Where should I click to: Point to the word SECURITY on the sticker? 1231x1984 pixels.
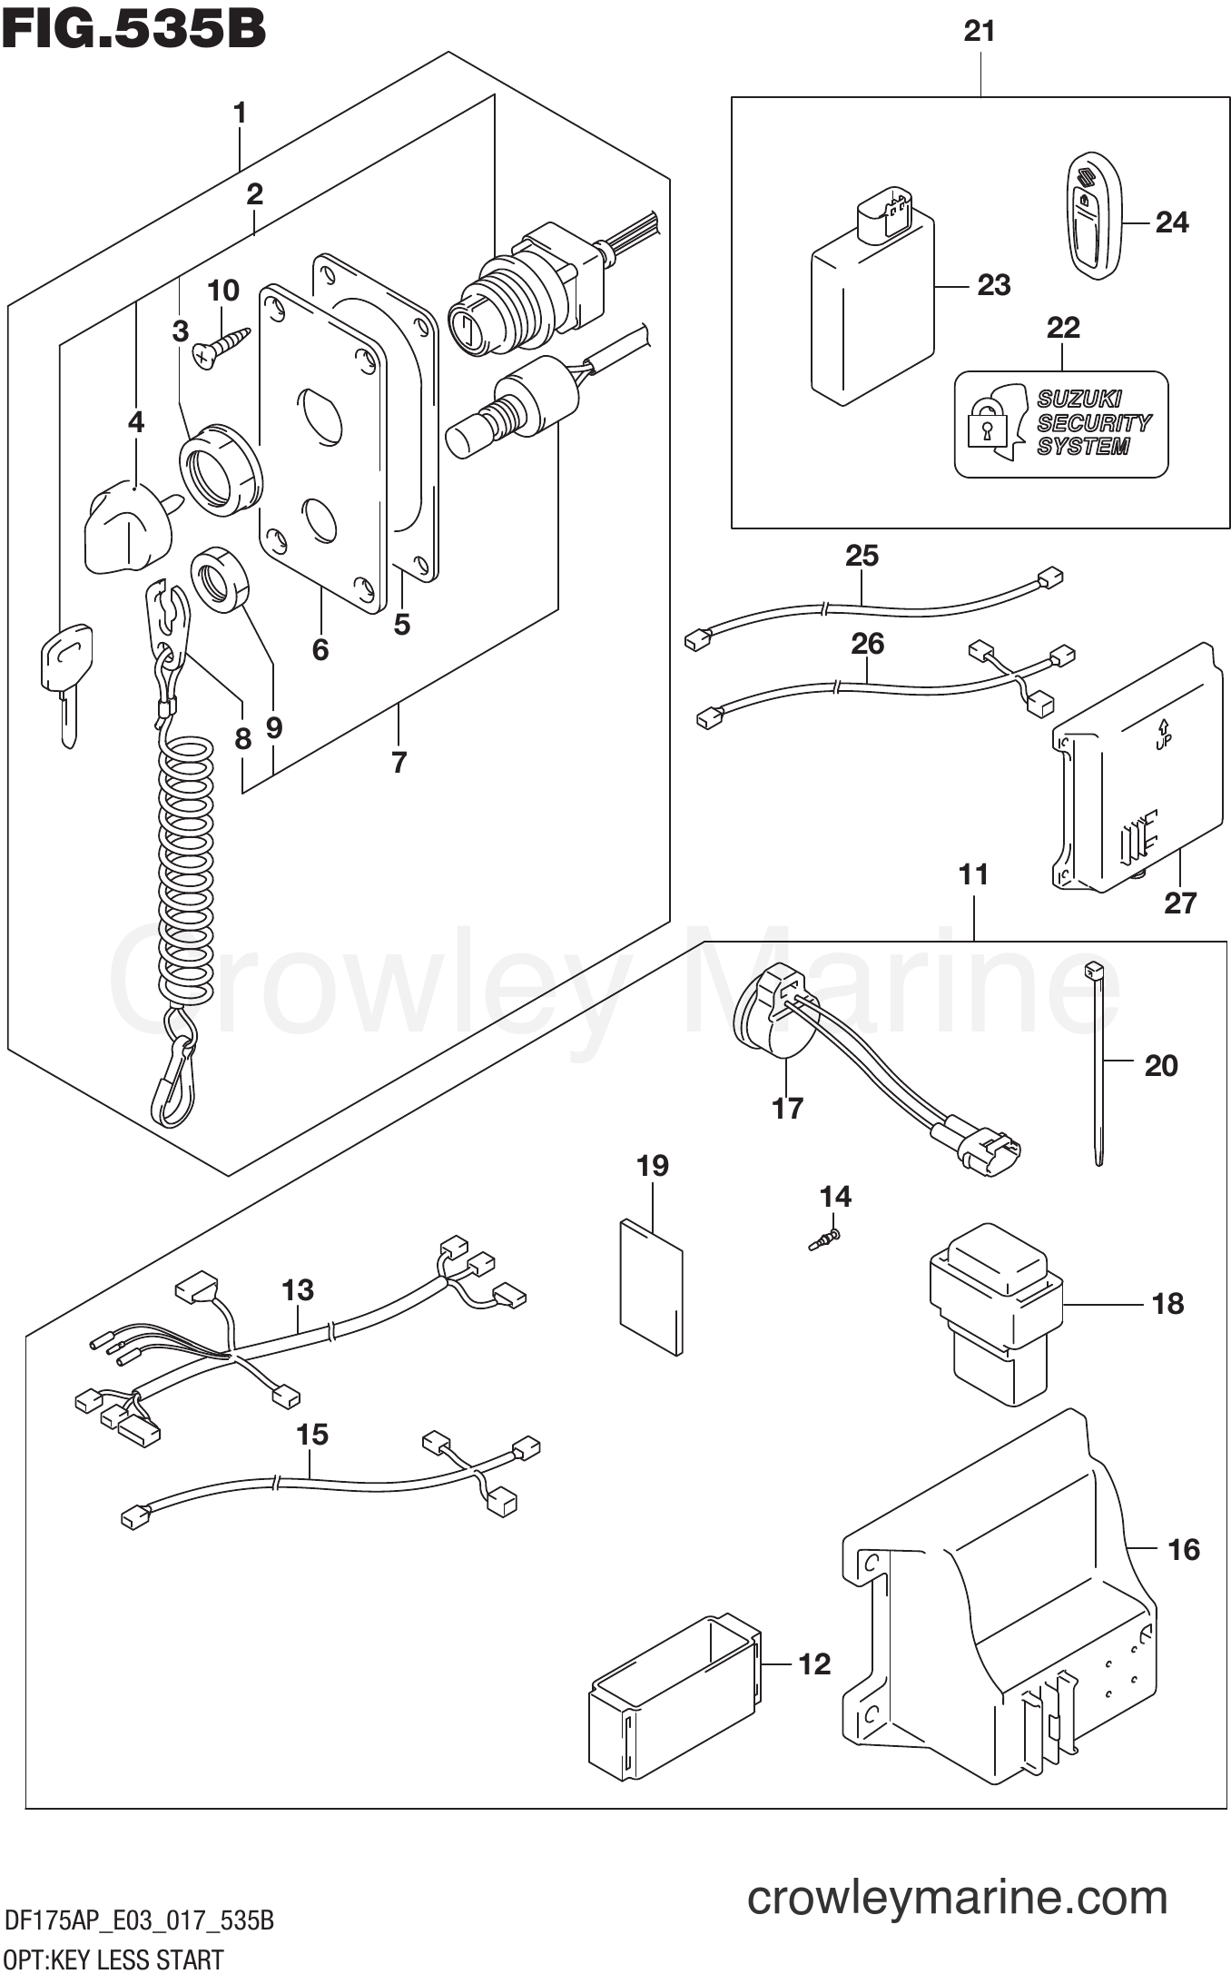1093,423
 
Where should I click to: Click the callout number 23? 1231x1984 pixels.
993,285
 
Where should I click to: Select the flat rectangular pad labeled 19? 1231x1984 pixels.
650,1286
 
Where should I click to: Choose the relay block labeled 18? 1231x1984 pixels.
996,1308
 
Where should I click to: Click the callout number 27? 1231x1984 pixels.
1180,903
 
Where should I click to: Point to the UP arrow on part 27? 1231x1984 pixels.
1164,735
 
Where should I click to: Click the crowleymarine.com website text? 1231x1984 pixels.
957,1898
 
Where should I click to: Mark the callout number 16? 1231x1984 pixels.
1184,1549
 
